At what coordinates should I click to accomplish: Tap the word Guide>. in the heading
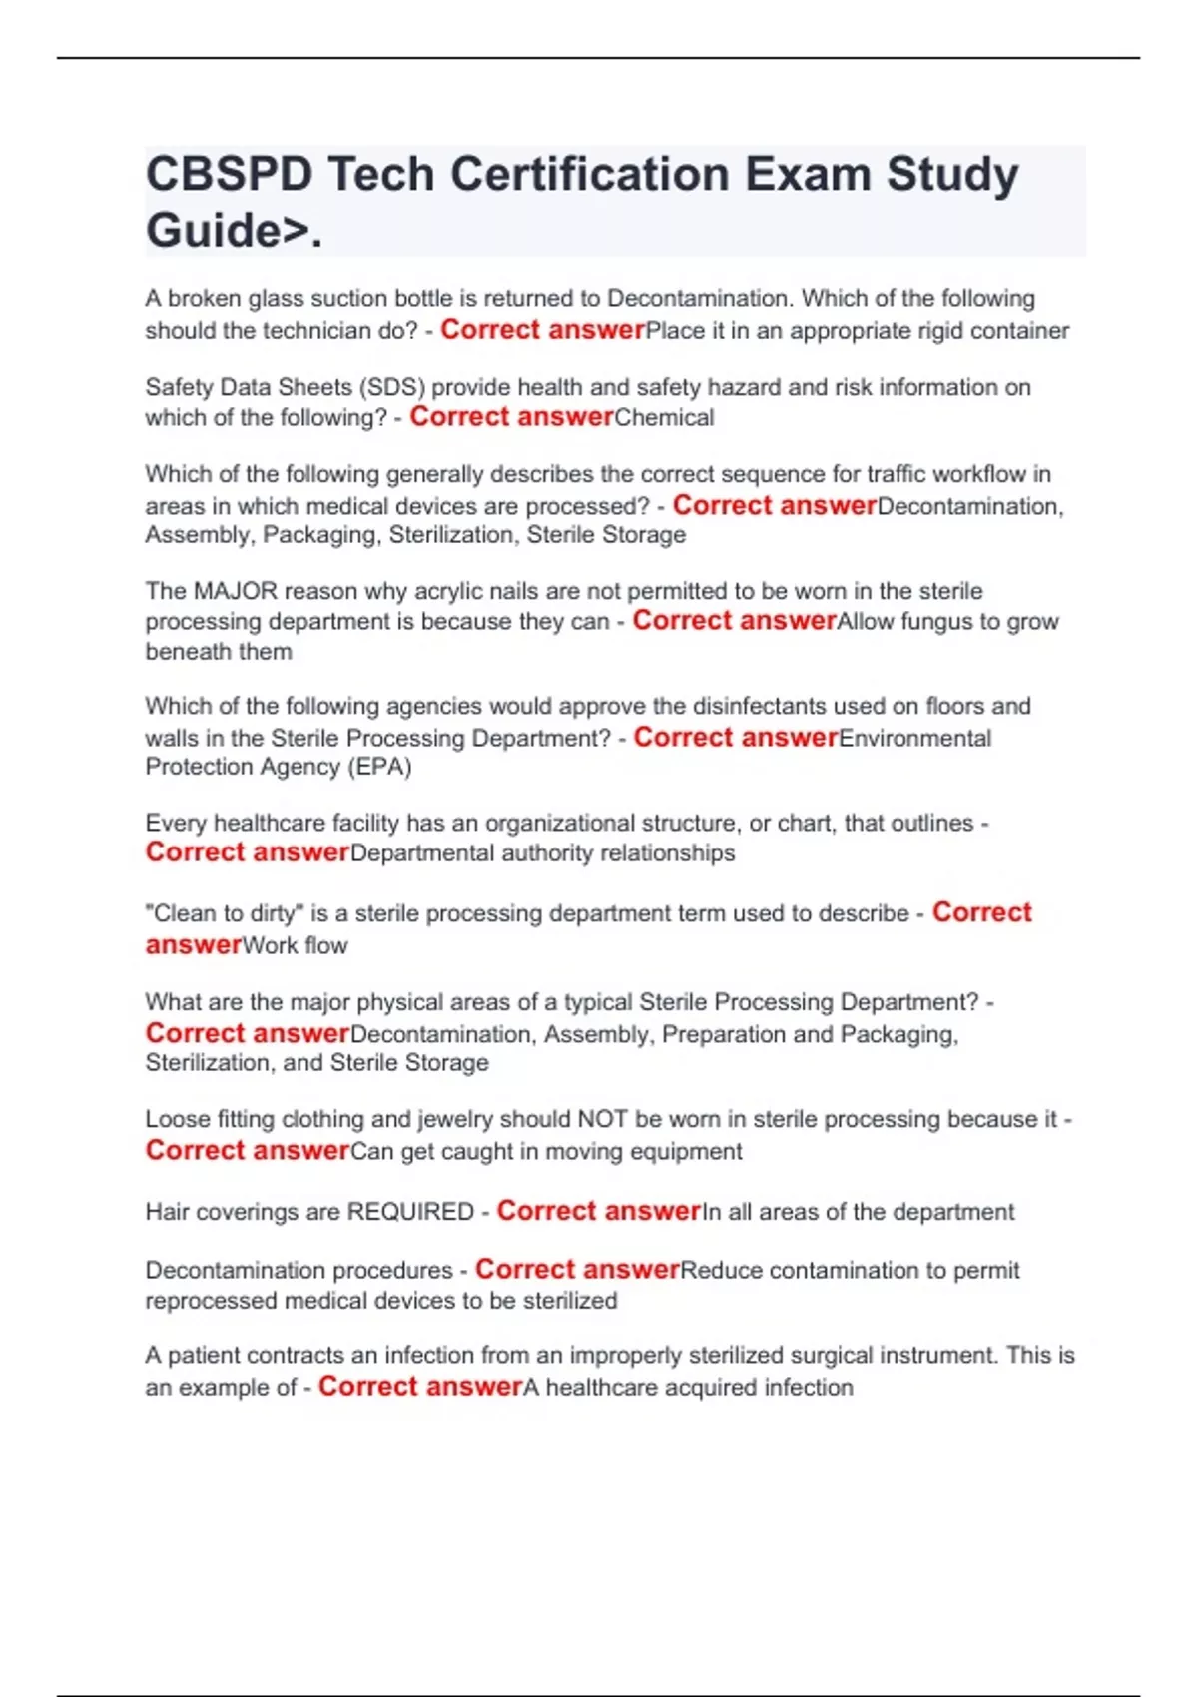click(x=235, y=231)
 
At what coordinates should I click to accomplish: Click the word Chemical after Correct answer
click(x=664, y=418)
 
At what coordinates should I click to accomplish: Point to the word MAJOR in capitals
click(x=236, y=591)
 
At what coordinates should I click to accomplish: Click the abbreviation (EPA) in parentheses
click(x=378, y=767)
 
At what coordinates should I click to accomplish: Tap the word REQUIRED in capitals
click(x=410, y=1212)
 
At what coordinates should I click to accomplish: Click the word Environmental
click(x=914, y=739)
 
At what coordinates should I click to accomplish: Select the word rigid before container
click(x=944, y=331)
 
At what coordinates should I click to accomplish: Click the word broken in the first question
click(x=204, y=299)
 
